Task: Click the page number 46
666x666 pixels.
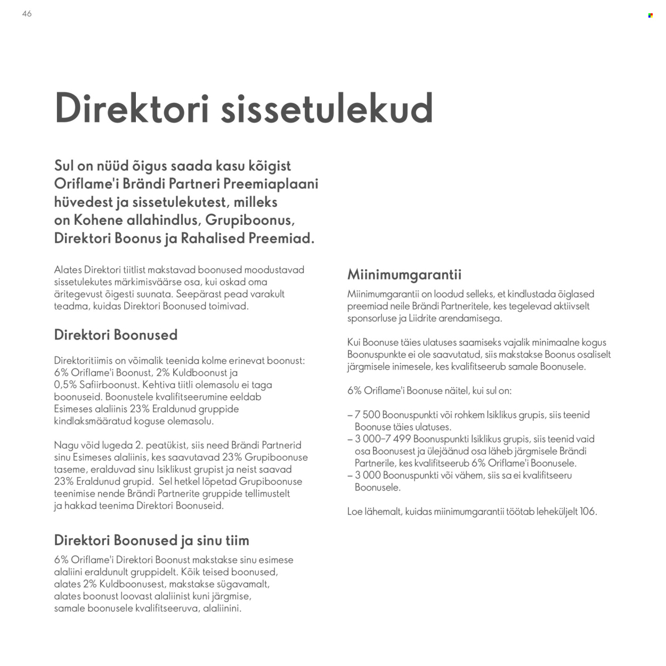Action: pos(27,14)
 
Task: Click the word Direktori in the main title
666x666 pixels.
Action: pos(131,109)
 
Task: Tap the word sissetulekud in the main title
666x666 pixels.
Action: pos(326,109)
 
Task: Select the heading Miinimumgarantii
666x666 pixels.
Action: pos(404,274)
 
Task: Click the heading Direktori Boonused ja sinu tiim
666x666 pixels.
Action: pos(151,540)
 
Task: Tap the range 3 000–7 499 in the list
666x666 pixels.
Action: pos(383,439)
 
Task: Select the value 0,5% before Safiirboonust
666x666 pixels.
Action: pos(65,385)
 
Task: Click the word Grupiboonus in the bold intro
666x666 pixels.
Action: pos(249,220)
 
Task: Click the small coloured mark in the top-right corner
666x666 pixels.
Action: pos(650,15)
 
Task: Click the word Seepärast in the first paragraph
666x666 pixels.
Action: pos(199,294)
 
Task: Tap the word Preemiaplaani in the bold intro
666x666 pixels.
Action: pos(271,184)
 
